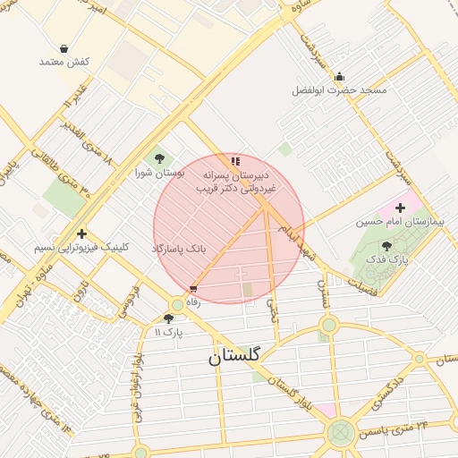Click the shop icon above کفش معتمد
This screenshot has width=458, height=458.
pos(64,48)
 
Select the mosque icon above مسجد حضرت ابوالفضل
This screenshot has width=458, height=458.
pos(339,77)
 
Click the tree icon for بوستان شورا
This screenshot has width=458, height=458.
pos(159,158)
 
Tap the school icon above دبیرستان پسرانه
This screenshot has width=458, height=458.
pos(235,161)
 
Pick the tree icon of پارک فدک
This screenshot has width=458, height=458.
pos(386,246)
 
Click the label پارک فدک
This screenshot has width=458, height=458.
pos(393,259)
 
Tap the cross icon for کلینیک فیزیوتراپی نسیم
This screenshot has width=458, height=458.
pos(81,233)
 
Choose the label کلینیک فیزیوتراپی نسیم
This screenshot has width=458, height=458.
pos(81,247)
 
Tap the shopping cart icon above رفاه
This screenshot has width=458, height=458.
pos(192,289)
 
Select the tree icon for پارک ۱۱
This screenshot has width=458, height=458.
pos(168,318)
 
